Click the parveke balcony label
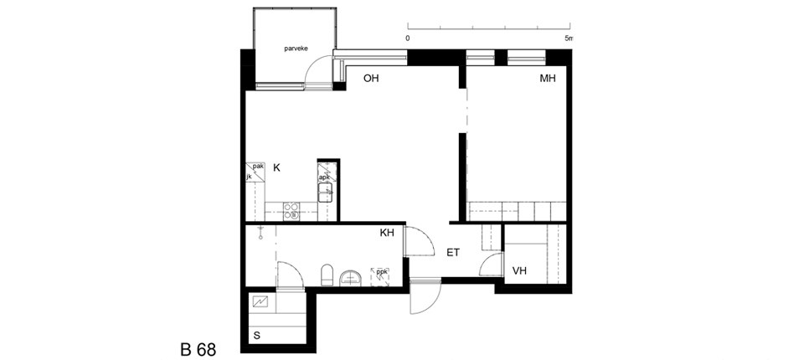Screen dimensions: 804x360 [x=296, y=49]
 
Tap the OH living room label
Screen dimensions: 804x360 [x=371, y=79]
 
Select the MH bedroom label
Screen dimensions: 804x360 [x=548, y=79]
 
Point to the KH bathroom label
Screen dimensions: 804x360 [x=387, y=233]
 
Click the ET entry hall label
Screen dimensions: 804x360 [x=453, y=252]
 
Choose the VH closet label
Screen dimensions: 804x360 [x=519, y=270]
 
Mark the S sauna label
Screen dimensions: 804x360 [x=257, y=336]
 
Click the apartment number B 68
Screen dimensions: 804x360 [x=198, y=350]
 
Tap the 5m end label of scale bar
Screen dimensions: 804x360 [x=568, y=38]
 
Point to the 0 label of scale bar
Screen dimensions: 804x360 [x=408, y=38]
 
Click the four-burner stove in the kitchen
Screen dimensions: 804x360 [x=291, y=211]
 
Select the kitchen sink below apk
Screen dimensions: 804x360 [x=326, y=193]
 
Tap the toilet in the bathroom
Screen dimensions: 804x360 [x=327, y=275]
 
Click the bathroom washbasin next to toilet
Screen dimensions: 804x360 [x=351, y=277]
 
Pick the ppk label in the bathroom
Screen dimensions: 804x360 [x=381, y=272]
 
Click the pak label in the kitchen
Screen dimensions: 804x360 [x=258, y=166]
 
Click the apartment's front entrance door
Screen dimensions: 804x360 [x=425, y=296]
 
